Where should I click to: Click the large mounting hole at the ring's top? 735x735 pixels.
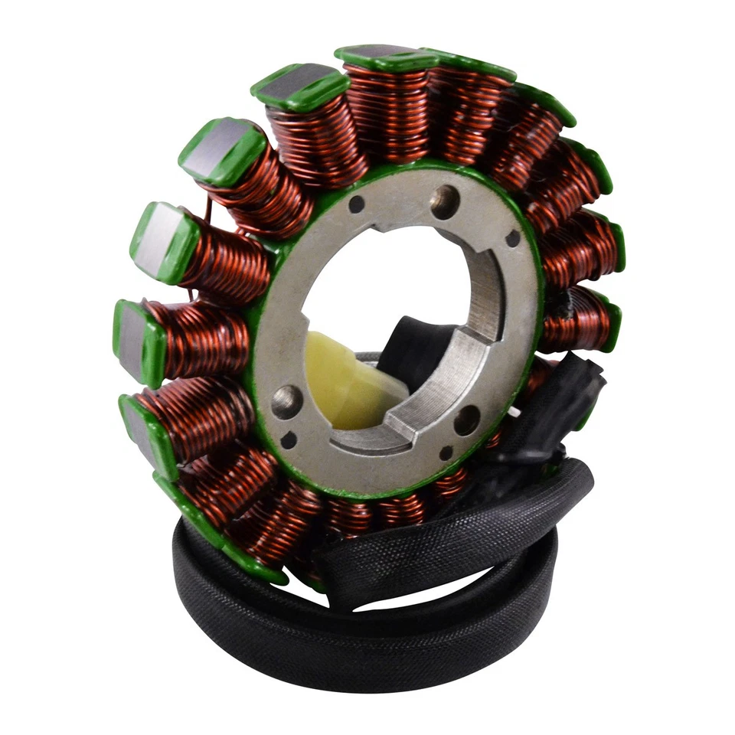point(445,201)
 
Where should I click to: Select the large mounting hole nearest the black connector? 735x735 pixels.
point(467,420)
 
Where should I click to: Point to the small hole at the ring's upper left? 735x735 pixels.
point(356,204)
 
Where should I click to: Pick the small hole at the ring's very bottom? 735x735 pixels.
point(446,452)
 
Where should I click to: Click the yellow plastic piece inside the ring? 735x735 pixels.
point(348,379)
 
